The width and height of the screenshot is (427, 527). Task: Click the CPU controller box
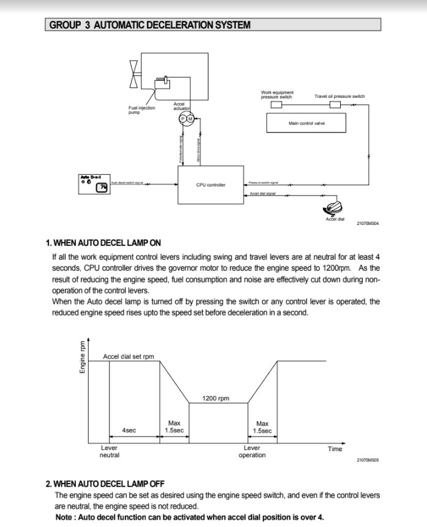click(210, 185)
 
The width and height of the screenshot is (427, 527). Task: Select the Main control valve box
click(306, 123)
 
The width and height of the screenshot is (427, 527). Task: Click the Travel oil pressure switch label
click(340, 97)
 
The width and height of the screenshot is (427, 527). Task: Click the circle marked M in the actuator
click(190, 117)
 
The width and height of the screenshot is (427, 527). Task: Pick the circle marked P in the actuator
click(182, 117)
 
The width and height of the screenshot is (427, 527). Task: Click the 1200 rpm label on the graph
click(216, 399)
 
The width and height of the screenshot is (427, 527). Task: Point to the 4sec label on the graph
click(129, 430)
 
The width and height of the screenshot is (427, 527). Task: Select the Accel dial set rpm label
click(128, 356)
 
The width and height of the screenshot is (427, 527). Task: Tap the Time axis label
click(335, 449)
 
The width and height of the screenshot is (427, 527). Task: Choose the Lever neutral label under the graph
click(110, 452)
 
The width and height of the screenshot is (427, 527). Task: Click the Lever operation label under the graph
click(252, 452)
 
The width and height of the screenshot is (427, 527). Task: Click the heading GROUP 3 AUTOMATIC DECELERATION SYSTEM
click(150, 25)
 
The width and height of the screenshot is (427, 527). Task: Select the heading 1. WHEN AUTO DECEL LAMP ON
click(103, 243)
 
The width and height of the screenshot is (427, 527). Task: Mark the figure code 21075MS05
click(368, 460)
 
